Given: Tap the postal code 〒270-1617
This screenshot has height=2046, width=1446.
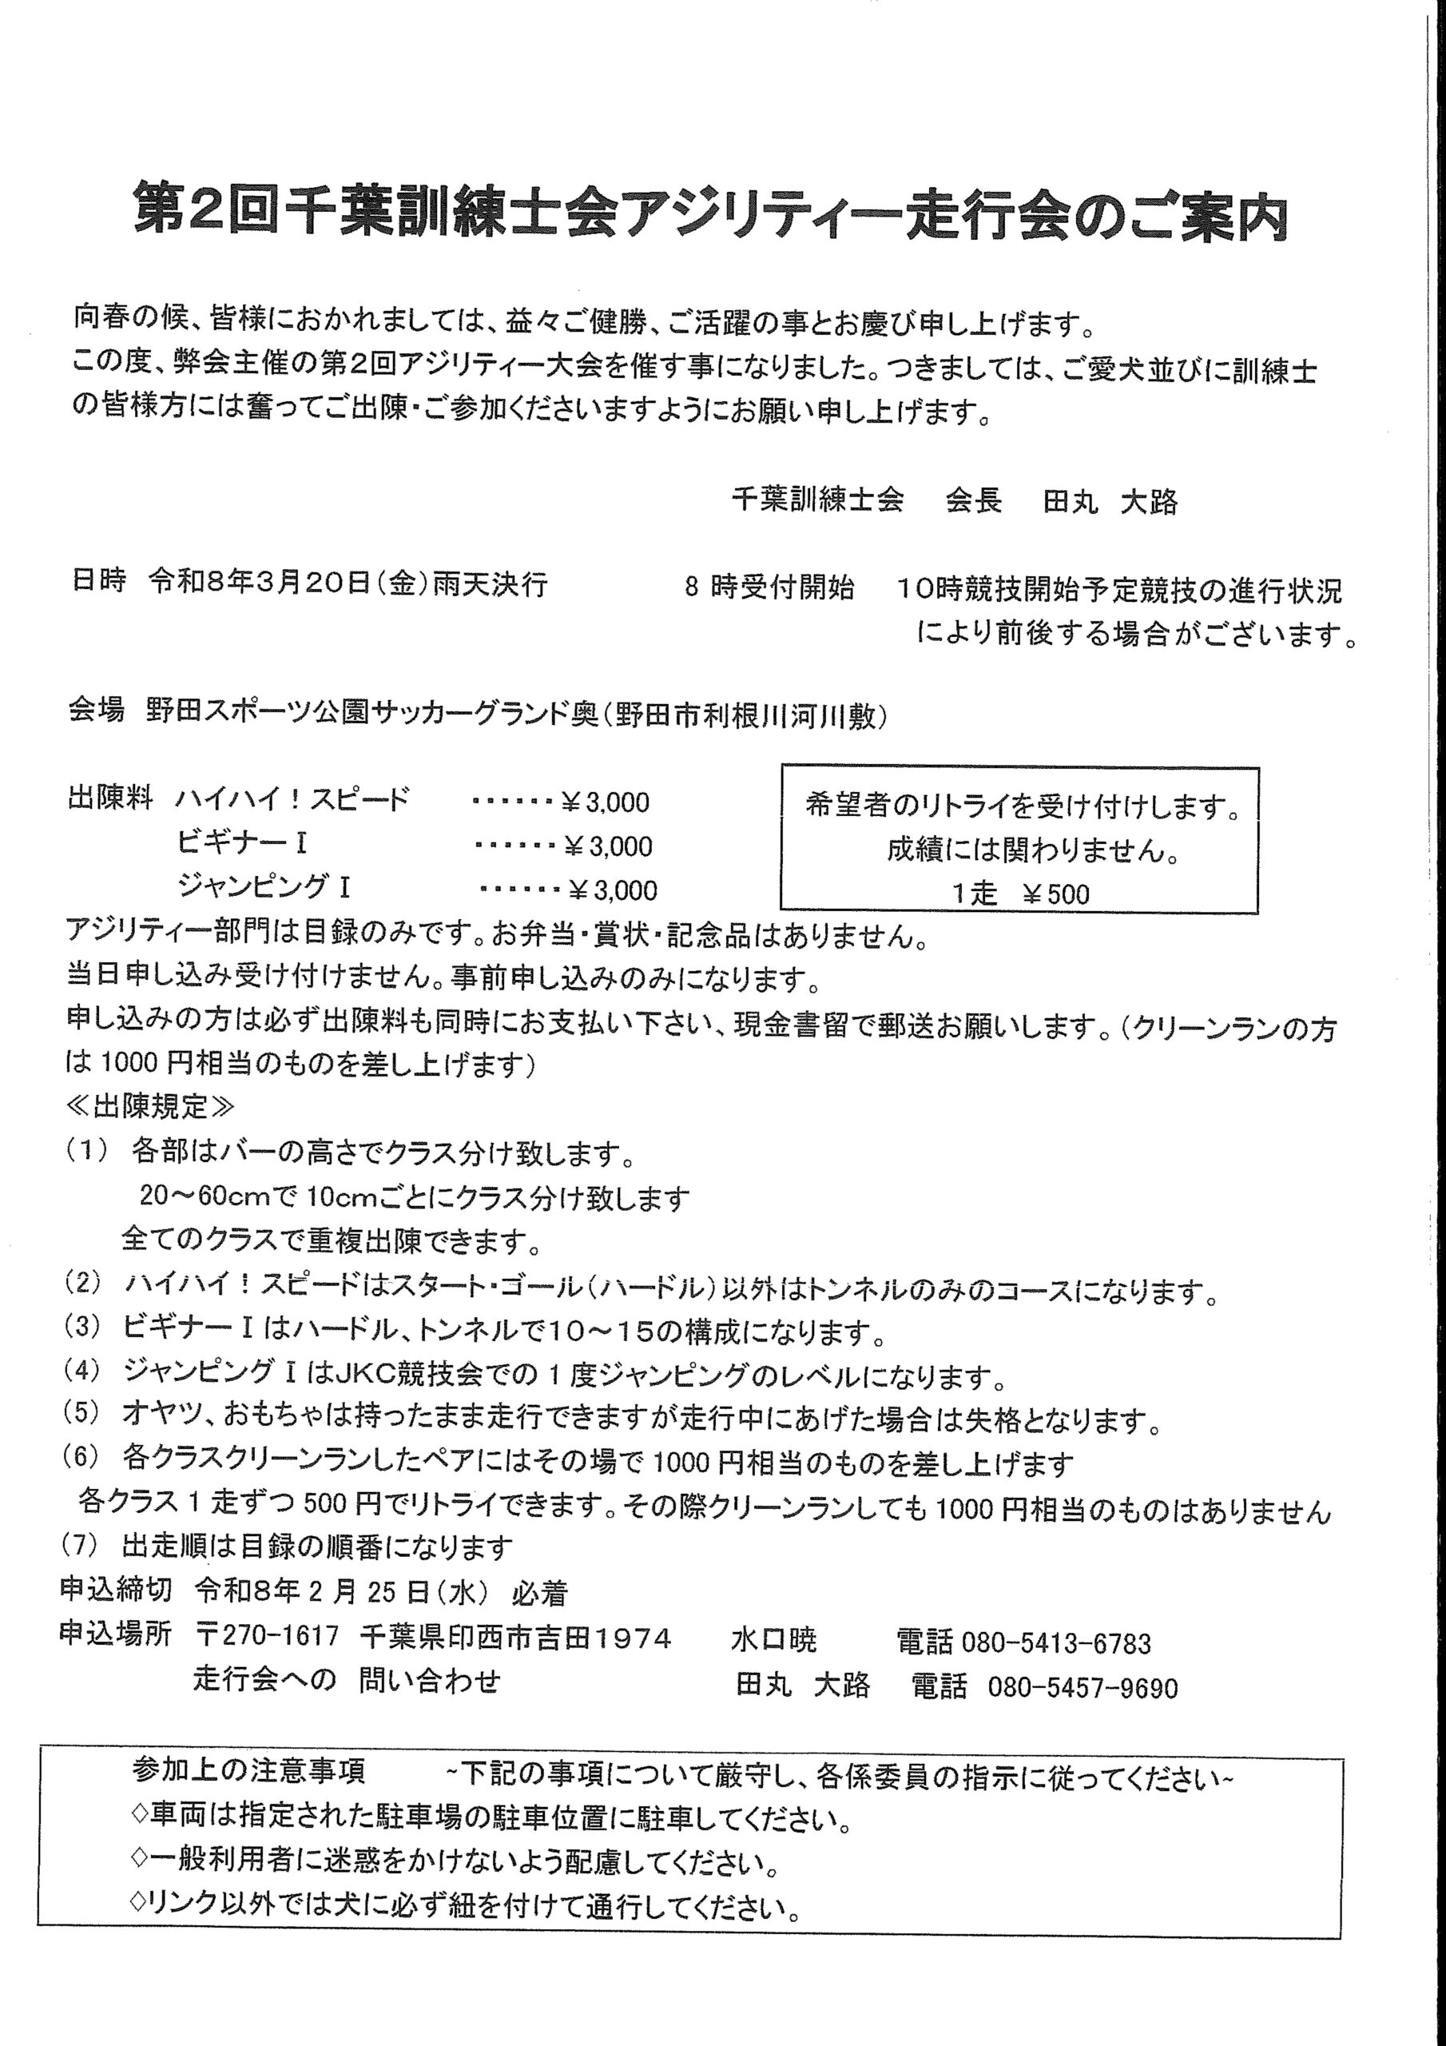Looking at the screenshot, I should click(268, 1636).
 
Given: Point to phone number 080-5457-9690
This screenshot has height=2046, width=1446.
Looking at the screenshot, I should click(1083, 1688).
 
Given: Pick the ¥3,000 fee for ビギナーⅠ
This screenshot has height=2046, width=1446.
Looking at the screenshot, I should click(609, 846).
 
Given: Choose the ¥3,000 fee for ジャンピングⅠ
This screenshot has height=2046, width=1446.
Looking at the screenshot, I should click(613, 890).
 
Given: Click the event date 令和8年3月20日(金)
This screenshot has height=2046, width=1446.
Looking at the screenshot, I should click(272, 584).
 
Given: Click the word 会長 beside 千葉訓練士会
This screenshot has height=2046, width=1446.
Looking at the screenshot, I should click(973, 501).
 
